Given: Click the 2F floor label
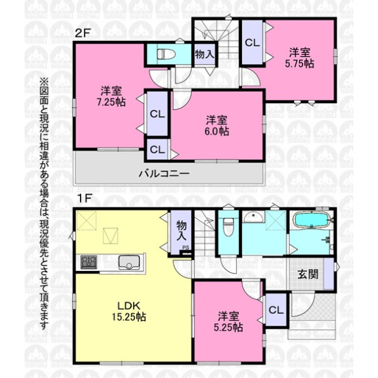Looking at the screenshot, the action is (x=82, y=33).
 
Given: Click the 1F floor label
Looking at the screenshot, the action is (x=83, y=198).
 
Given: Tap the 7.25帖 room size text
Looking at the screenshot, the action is (x=111, y=102).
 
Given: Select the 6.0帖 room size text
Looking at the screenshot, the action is (x=217, y=132).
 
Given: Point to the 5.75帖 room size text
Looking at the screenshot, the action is (x=299, y=64).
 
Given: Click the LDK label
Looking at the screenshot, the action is (x=129, y=306).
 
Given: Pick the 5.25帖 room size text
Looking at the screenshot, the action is (x=228, y=327).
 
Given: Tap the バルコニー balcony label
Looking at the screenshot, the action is (x=164, y=174).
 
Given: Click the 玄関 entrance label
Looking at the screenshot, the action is (x=308, y=274).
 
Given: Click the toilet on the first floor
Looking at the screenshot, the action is (x=228, y=227).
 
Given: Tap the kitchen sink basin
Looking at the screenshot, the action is (x=129, y=262).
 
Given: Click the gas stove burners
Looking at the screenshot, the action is (x=89, y=262).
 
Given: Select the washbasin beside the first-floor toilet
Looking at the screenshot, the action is (x=253, y=217).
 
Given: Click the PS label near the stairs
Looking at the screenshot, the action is (x=185, y=248).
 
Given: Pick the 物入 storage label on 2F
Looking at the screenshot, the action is (x=205, y=54).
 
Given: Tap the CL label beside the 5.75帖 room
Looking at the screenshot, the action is (x=252, y=43).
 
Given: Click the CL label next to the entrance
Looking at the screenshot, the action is (x=276, y=310).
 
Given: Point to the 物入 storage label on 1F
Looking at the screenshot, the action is (x=181, y=231).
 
